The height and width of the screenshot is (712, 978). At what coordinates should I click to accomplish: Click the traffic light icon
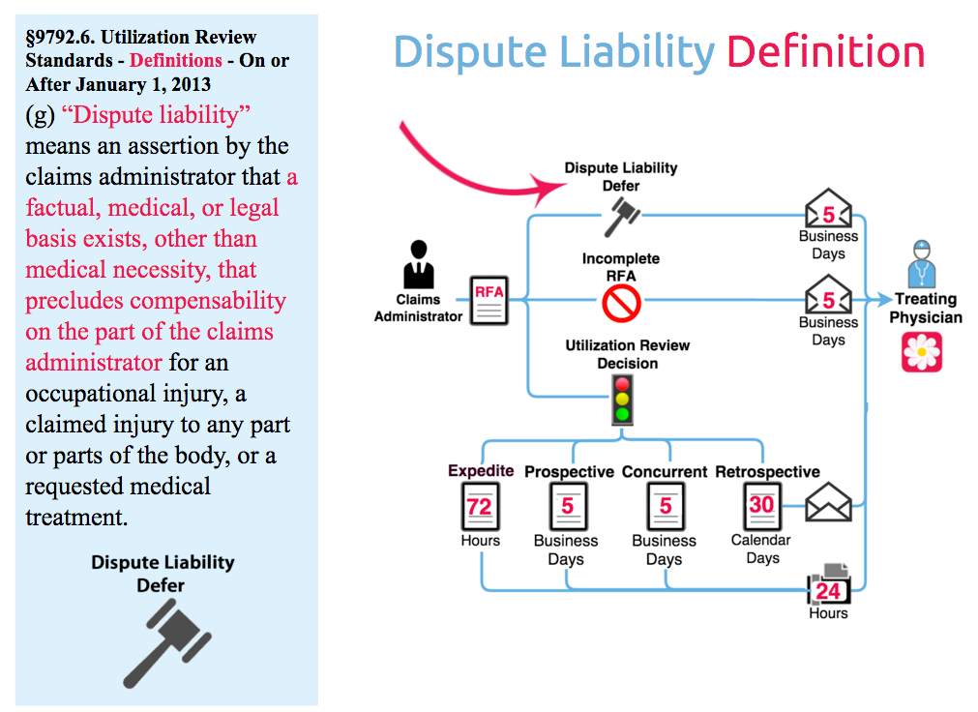621,400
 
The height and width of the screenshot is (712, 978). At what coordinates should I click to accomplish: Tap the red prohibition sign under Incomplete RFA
621,304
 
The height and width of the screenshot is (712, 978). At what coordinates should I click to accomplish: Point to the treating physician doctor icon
923,262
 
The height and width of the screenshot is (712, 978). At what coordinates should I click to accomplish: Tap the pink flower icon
922,352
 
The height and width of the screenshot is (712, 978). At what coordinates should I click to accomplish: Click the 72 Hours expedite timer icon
479,506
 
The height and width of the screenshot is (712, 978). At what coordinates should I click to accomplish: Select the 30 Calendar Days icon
761,505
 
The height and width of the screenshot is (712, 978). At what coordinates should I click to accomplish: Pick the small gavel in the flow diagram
621,217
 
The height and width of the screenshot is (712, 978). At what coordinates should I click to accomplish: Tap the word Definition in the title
825,51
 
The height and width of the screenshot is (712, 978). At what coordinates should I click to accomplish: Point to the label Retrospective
767,472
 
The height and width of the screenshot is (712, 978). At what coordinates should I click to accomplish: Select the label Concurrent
665,472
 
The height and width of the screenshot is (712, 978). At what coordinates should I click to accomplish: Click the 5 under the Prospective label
567,506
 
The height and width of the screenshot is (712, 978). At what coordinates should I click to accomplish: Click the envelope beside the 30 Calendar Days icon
828,502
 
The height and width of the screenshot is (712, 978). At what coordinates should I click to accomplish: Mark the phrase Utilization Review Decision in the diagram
628,354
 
